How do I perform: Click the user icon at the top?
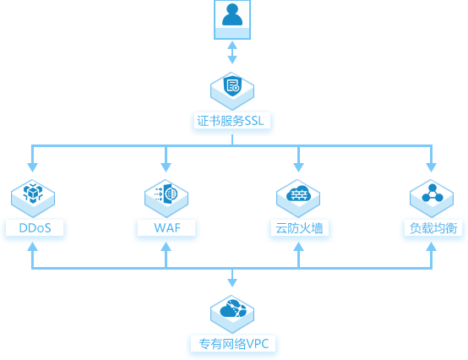(x=232, y=19)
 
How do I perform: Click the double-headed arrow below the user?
(x=232, y=52)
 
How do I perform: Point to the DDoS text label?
(x=35, y=228)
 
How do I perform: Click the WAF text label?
(x=167, y=228)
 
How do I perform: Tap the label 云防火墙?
(x=299, y=228)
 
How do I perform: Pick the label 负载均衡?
(x=433, y=228)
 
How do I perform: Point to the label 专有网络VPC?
(x=234, y=344)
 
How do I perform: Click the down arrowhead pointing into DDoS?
(x=33, y=167)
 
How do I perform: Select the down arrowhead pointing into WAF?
(x=166, y=167)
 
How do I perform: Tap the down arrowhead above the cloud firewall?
(x=298, y=167)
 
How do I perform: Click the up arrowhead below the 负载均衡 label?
(x=432, y=246)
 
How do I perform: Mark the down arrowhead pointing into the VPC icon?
(x=232, y=283)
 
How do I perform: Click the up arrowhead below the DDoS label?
(x=33, y=246)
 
